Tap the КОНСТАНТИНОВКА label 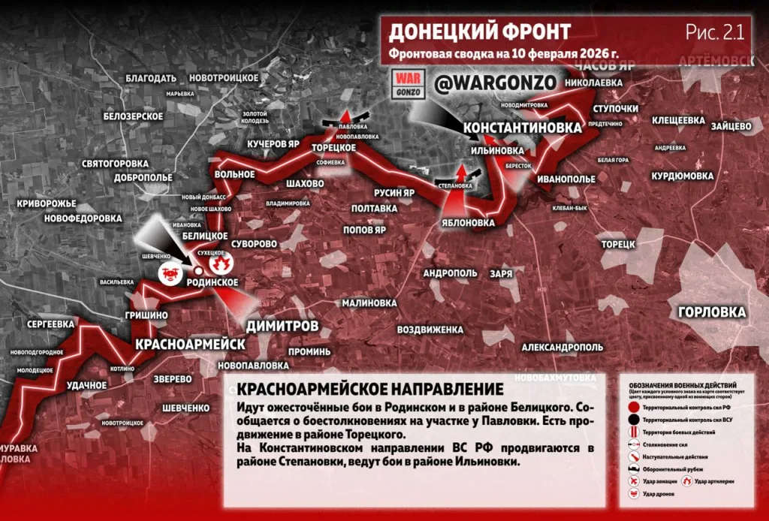tap(523, 128)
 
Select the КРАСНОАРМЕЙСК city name tap(190, 344)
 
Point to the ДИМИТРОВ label tap(282, 325)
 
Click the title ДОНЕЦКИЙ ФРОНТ tap(480, 32)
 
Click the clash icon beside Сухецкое tap(221, 264)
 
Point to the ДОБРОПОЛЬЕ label tap(144, 179)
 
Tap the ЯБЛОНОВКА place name tap(469, 223)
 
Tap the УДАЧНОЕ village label tap(86, 385)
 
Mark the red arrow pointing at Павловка tap(345, 115)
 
